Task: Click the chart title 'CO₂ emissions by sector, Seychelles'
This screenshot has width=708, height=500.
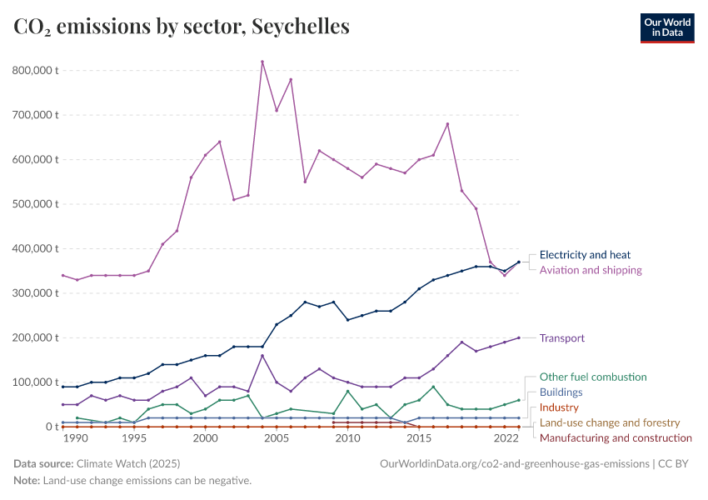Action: click(182, 27)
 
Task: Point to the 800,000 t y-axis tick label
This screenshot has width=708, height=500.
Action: click(36, 70)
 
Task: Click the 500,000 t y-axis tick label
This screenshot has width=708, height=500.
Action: click(36, 203)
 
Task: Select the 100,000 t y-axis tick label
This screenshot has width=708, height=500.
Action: click(36, 382)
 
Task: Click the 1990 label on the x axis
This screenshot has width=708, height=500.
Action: click(76, 438)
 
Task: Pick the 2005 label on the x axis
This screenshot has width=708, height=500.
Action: click(277, 438)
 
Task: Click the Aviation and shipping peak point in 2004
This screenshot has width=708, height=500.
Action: click(262, 62)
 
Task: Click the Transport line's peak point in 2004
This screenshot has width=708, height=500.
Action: click(262, 356)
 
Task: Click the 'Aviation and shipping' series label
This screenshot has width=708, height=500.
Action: click(591, 270)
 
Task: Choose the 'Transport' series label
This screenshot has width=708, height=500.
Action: click(562, 338)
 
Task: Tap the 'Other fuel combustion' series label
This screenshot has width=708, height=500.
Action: click(593, 377)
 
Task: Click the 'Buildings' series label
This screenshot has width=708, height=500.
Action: click(561, 392)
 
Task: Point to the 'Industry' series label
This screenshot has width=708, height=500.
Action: click(559, 407)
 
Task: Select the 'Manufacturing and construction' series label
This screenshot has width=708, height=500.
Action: click(616, 437)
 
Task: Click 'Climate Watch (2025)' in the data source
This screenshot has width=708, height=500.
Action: click(127, 463)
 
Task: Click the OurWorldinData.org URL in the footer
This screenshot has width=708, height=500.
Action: click(514, 463)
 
